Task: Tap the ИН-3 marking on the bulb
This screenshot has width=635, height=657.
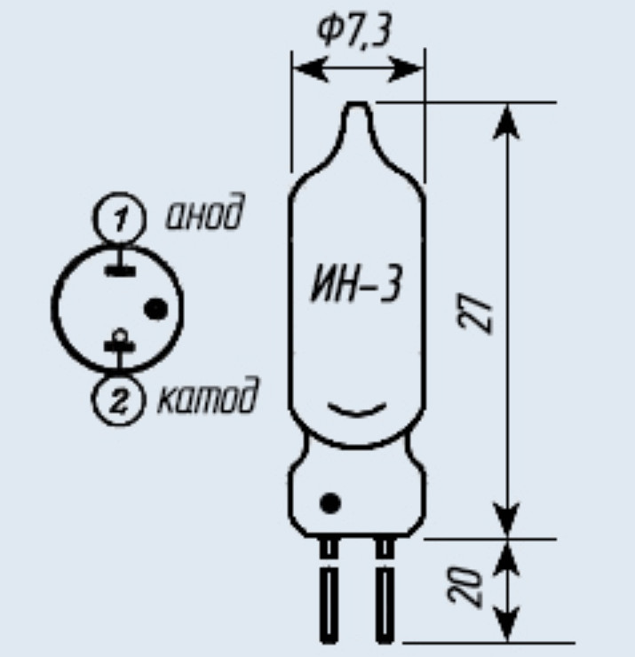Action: [x=356, y=284]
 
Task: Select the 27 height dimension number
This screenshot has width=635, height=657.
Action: [x=475, y=315]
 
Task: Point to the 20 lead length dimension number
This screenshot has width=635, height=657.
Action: [x=464, y=587]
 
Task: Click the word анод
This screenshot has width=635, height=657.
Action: [x=204, y=212]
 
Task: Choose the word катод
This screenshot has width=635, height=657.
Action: [x=208, y=396]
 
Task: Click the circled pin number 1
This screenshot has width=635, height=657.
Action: [x=120, y=218]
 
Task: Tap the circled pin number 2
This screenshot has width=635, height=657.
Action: [x=119, y=400]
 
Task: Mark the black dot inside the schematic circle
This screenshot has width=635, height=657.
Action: [x=156, y=309]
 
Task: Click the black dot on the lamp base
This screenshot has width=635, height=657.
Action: [x=329, y=503]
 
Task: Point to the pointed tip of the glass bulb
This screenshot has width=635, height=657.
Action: [x=357, y=103]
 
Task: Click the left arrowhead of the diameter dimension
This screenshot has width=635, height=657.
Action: [x=310, y=69]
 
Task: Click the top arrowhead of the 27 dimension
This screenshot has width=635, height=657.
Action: [x=506, y=122]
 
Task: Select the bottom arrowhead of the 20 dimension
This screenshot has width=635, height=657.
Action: [x=507, y=624]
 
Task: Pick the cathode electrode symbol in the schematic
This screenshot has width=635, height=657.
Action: [x=120, y=344]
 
